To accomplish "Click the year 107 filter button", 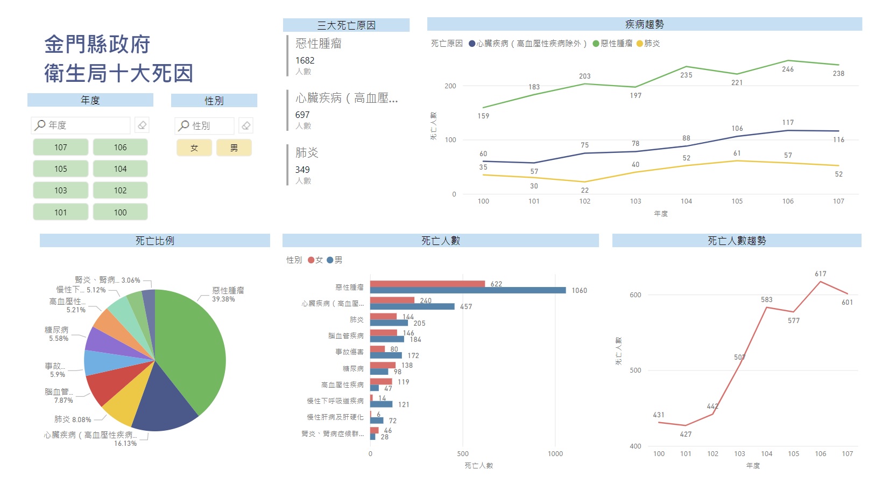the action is tap(60, 148).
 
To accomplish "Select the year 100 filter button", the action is tap(120, 212).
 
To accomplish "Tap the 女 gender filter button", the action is tap(194, 148).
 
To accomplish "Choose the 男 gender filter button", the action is tap(234, 148).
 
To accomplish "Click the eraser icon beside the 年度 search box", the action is tap(142, 125).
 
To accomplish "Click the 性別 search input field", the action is tap(204, 125).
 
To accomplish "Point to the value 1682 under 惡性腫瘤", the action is tap(305, 60).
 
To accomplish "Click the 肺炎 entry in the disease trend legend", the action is tap(648, 43).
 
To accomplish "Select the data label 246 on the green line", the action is tap(787, 69).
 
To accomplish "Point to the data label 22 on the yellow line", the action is tap(584, 190).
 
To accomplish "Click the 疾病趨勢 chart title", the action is tap(645, 24).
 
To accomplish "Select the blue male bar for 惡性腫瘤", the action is tap(468, 290).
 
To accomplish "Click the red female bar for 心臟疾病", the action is tap(392, 300).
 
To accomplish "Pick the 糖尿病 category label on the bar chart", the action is tap(353, 369).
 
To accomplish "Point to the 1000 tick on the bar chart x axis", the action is tap(555, 453).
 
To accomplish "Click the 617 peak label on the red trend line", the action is tap(820, 274).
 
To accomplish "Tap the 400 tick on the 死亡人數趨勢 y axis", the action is tap(636, 446).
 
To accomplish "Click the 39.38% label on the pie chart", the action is tap(223, 299).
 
